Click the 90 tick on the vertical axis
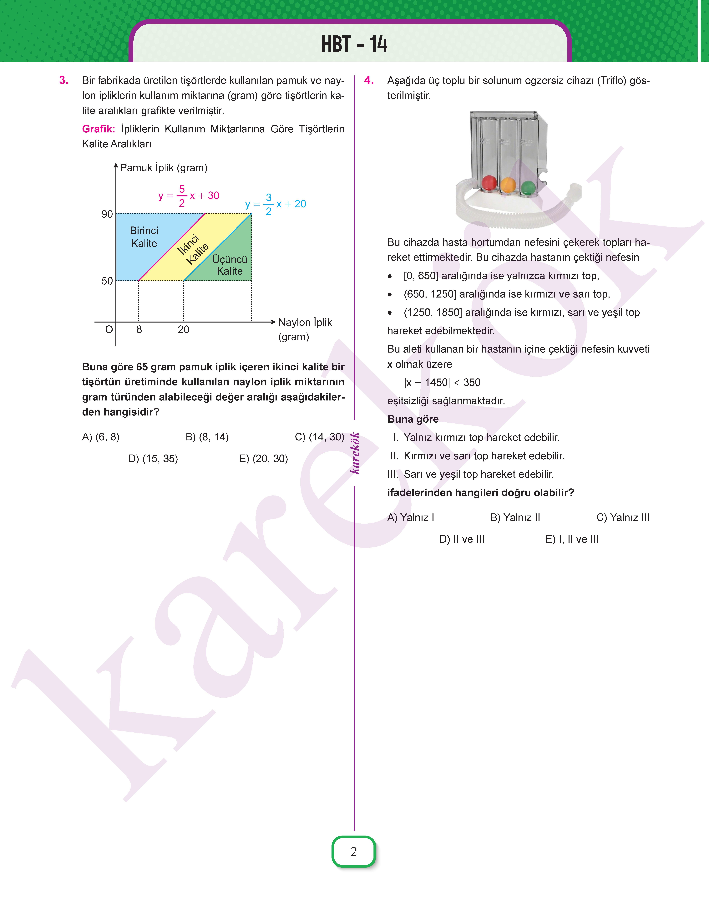[x=107, y=214]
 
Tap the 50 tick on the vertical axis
[x=107, y=281]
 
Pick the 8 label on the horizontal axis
[x=139, y=330]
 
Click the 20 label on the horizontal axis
[x=184, y=330]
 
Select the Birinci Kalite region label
[x=144, y=237]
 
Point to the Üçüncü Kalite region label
[x=230, y=265]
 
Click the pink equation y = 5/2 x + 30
[x=189, y=196]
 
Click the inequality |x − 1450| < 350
[x=442, y=382]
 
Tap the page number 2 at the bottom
[x=354, y=852]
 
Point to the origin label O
[x=109, y=330]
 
